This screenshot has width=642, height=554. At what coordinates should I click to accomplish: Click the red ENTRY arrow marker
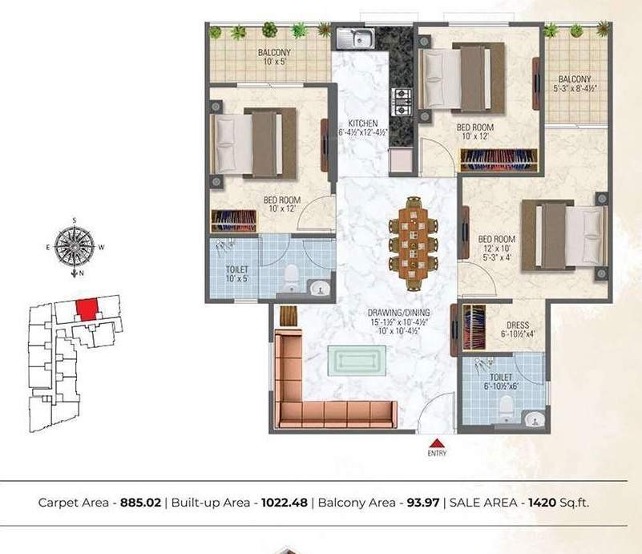tap(435, 443)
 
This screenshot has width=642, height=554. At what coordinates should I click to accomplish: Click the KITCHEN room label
tap(363, 123)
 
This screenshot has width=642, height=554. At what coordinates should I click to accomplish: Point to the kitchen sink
tap(355, 37)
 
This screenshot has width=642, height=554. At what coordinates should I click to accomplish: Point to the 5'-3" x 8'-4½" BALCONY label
tap(575, 79)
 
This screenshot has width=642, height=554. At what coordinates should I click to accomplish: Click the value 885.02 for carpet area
tap(139, 503)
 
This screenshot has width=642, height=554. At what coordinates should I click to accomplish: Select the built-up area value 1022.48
tap(279, 503)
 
